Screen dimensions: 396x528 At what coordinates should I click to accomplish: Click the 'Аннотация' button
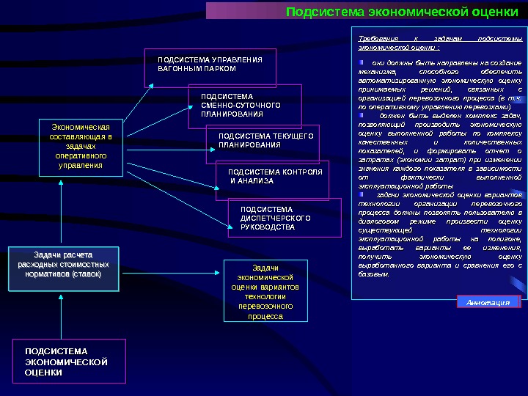pos(488,302)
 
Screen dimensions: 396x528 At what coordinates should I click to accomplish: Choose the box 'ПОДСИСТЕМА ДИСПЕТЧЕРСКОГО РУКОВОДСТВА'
pos(285,218)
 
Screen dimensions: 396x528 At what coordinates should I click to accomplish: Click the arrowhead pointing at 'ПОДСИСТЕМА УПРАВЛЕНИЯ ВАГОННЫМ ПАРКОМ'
pos(152,84)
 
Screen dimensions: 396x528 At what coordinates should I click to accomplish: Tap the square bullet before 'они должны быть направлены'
pos(362,63)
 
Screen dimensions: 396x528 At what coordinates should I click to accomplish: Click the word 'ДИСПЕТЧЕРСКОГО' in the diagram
pos(276,219)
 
